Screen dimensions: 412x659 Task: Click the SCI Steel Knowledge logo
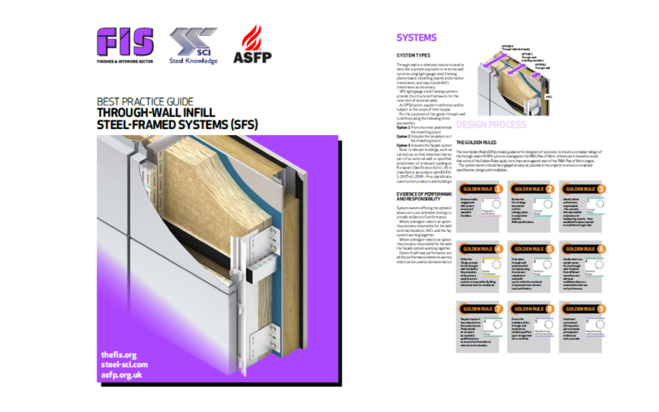(193, 46)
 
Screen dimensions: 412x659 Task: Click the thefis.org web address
(118, 355)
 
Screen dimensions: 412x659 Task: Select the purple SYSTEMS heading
(416, 38)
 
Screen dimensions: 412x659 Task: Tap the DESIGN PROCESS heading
(490, 125)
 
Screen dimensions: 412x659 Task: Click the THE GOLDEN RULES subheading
(478, 143)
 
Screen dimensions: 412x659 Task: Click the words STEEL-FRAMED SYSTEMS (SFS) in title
(177, 124)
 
